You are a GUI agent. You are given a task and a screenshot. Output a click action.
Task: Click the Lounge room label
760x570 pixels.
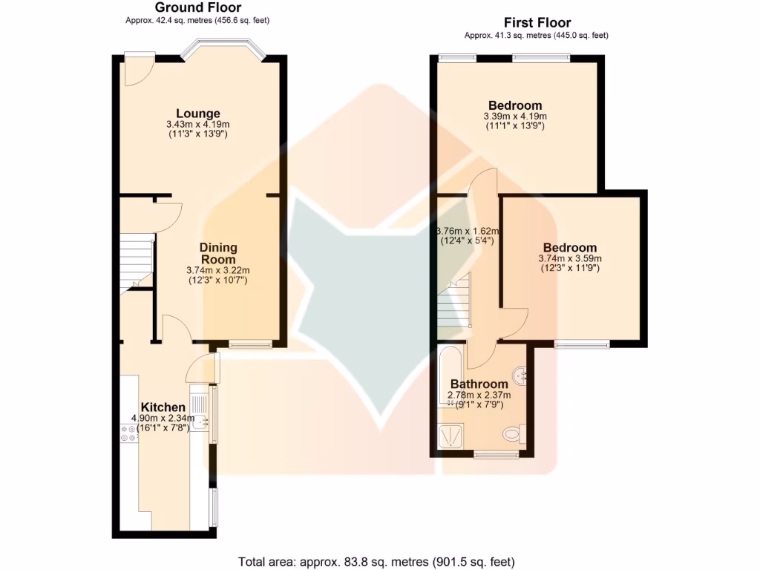click(197, 114)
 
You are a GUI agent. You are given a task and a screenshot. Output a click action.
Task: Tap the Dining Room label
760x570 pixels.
click(217, 253)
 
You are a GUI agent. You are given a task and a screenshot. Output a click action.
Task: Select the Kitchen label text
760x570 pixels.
click(163, 407)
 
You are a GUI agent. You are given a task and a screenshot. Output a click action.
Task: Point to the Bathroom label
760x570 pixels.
click(479, 384)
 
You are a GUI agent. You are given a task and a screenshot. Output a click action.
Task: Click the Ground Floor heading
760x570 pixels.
click(197, 7)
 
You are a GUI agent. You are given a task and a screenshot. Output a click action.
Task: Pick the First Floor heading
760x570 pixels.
click(537, 23)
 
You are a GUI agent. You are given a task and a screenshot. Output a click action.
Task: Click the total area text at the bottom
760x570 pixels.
click(376, 561)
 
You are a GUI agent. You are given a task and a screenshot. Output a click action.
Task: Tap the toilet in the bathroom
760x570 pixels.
click(514, 433)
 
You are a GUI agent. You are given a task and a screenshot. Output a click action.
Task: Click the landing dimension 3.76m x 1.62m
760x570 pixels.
click(468, 236)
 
